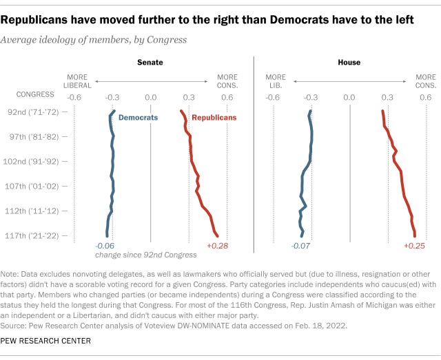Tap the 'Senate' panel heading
(x=150, y=63)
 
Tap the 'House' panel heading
(x=349, y=63)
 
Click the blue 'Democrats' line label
(x=138, y=118)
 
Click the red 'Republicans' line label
(x=214, y=118)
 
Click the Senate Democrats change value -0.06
(x=104, y=246)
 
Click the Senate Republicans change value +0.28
(x=217, y=246)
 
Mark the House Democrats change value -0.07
(x=302, y=246)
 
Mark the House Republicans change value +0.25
(x=414, y=246)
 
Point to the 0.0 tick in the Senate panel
(x=151, y=98)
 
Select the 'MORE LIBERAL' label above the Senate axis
(x=78, y=81)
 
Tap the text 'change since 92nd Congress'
(x=145, y=255)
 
